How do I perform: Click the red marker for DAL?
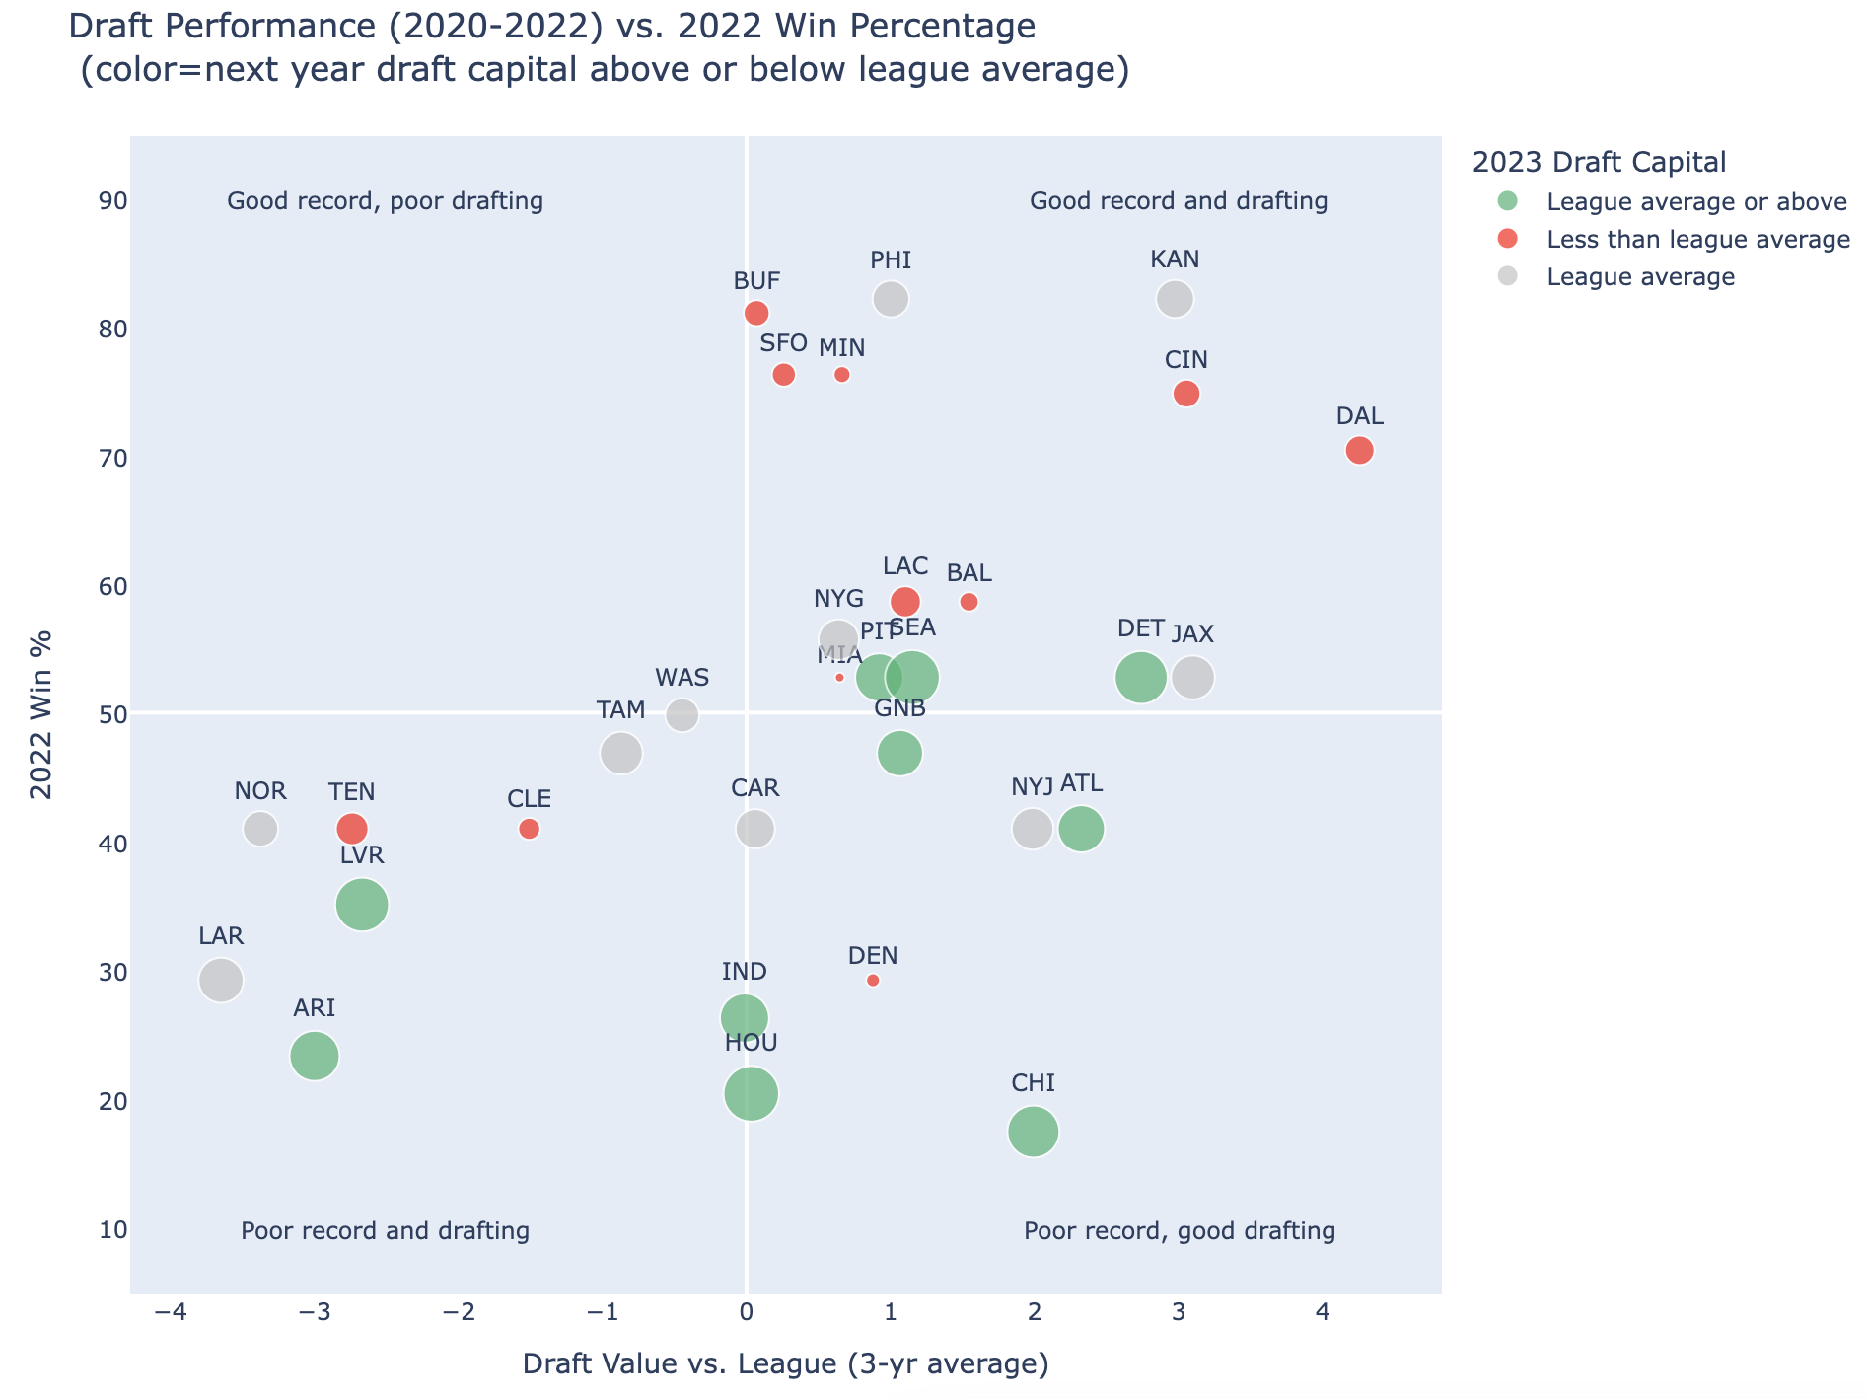[1359, 450]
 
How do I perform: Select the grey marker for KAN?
[1174, 298]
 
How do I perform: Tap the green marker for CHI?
[1033, 1131]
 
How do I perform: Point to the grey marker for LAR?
[220, 980]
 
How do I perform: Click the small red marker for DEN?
[873, 980]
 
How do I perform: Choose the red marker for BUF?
[756, 313]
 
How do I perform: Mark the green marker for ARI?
[315, 1056]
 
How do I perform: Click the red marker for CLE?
[529, 829]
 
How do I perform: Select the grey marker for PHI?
[891, 298]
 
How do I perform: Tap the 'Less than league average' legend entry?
[1697, 240]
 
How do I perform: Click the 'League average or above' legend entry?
[1696, 202]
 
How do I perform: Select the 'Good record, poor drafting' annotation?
[385, 201]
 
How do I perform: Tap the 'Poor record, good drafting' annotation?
[1180, 1230]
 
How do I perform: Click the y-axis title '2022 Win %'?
[41, 714]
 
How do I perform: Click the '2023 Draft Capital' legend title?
[1599, 162]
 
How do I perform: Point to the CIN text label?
[1186, 359]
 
